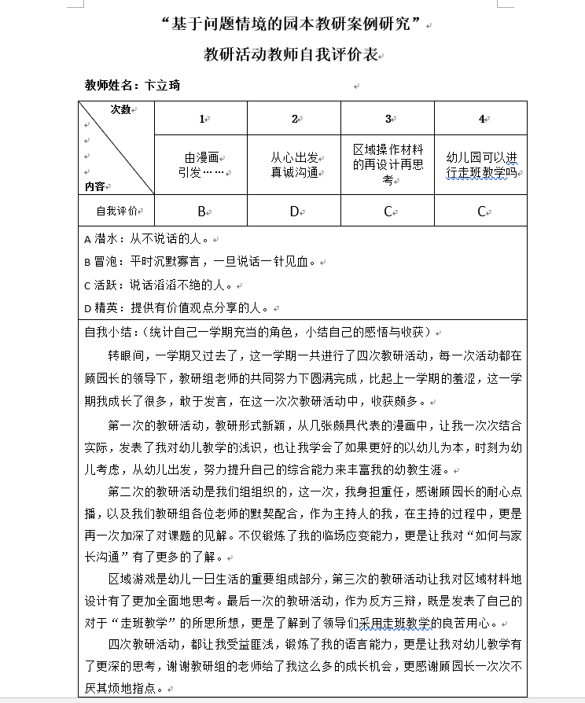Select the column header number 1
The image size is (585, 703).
pyautogui.click(x=201, y=119)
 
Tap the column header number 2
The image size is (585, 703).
pyautogui.click(x=294, y=119)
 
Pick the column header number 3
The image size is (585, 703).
pyautogui.click(x=388, y=119)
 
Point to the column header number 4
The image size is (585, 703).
pyautogui.click(x=480, y=119)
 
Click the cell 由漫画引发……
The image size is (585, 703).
pyautogui.click(x=201, y=164)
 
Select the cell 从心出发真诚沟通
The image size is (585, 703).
pyautogui.click(x=294, y=164)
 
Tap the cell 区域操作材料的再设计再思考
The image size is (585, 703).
pyautogui.click(x=388, y=164)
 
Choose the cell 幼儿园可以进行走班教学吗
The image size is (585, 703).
pyautogui.click(x=480, y=164)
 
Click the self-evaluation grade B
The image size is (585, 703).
pyautogui.click(x=201, y=211)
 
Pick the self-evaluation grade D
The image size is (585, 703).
pyautogui.click(x=294, y=211)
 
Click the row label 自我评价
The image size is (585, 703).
pyautogui.click(x=116, y=211)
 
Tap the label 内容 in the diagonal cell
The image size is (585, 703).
pyautogui.click(x=94, y=186)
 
